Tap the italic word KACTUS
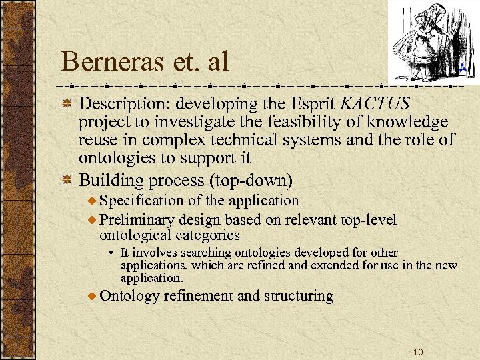click(x=375, y=104)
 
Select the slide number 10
click(x=418, y=352)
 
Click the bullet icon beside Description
click(x=67, y=105)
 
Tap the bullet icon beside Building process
click(x=67, y=180)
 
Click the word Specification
click(x=139, y=200)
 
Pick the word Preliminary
click(x=138, y=220)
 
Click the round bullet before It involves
click(x=113, y=253)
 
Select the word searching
click(x=187, y=253)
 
